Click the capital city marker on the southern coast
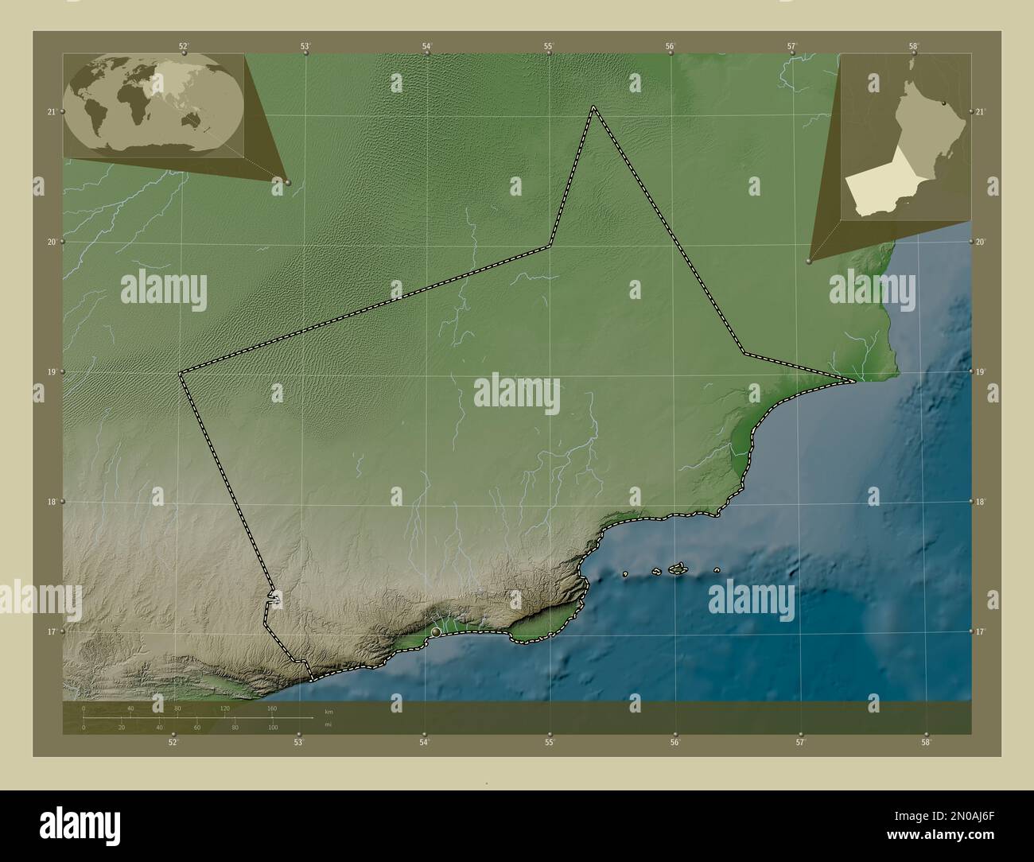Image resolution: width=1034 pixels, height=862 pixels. (436, 632)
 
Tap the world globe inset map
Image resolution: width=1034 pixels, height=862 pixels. (154, 104)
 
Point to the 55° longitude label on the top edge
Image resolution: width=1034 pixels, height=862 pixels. (549, 46)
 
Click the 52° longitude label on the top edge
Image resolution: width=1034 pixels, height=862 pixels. (184, 46)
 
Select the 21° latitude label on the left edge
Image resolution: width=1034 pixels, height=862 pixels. (51, 112)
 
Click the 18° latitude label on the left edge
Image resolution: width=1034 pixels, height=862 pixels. (51, 502)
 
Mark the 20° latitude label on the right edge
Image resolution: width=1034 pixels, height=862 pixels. (981, 242)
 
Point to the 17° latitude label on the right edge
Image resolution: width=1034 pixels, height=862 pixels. (981, 631)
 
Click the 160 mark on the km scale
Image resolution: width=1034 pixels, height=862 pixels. (272, 708)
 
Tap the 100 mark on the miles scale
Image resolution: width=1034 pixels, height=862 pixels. (272, 728)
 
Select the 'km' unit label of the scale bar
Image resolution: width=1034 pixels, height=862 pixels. (329, 710)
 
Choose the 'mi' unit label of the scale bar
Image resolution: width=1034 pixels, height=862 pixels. (328, 725)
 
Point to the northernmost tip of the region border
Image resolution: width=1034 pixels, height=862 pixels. (593, 107)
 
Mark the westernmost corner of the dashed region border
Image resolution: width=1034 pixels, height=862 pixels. (180, 372)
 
